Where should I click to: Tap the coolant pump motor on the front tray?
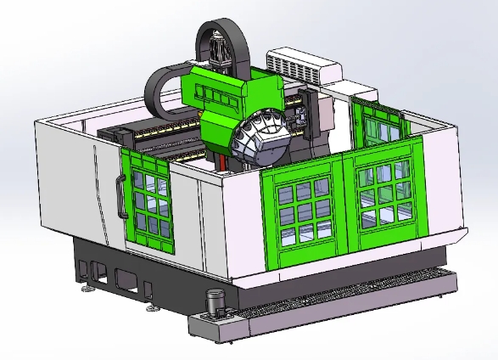(215, 301)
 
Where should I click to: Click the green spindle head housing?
(229, 102)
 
